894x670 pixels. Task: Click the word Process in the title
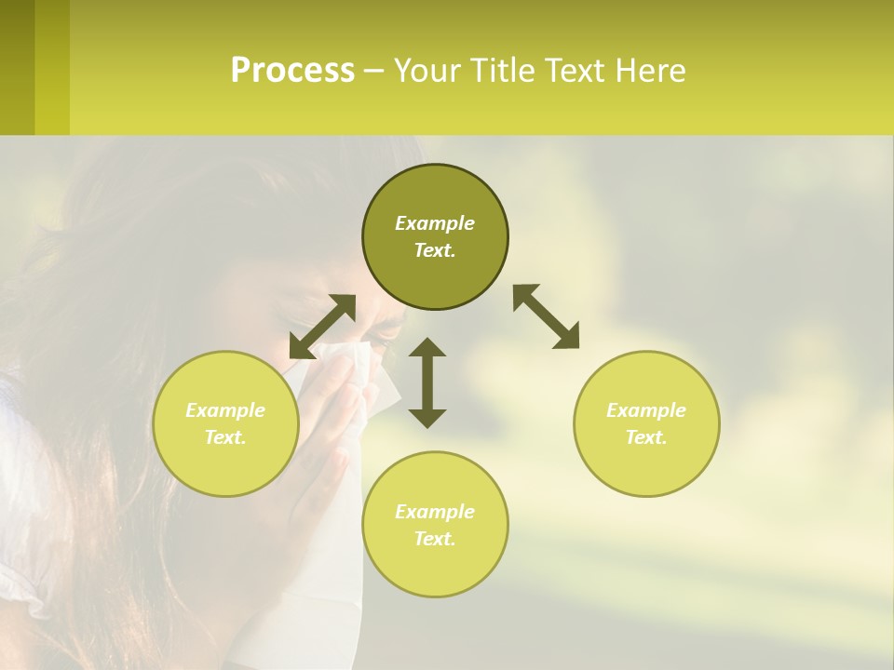coord(292,70)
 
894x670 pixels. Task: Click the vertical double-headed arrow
coord(427,382)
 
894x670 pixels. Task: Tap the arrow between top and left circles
coord(322,326)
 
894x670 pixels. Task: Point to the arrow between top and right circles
coord(546,316)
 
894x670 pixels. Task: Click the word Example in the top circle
coord(435,223)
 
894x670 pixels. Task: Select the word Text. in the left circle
coord(225,437)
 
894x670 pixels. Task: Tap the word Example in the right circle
coord(646,410)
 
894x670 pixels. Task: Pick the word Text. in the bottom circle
coord(435,539)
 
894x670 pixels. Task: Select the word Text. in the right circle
coord(646,437)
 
